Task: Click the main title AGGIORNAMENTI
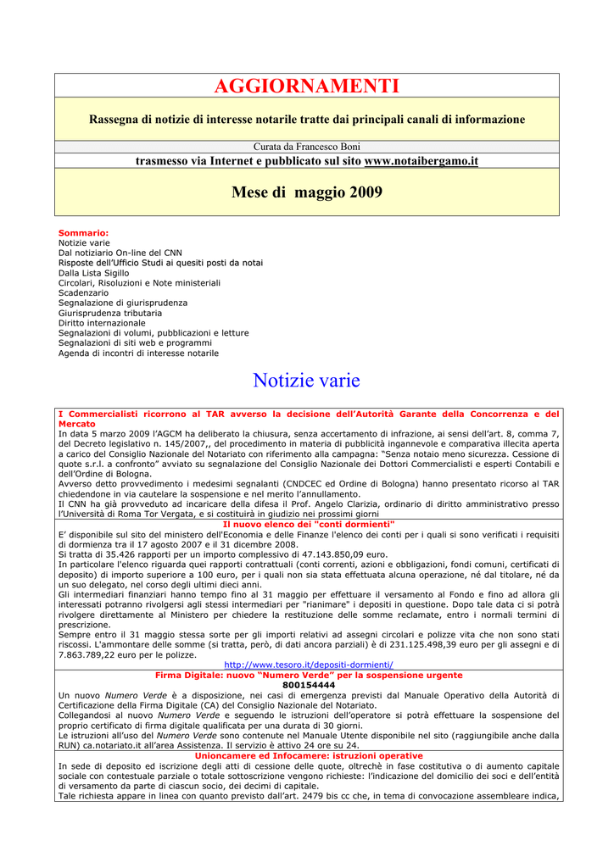[307, 86]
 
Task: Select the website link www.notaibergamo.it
[421, 160]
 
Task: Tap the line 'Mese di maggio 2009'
[307, 192]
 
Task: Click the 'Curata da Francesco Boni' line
[307, 147]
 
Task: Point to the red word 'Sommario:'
[83, 232]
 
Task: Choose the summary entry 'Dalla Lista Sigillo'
[93, 273]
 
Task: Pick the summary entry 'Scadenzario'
[83, 292]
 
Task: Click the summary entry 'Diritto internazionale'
[102, 323]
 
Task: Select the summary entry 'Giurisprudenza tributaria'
[109, 313]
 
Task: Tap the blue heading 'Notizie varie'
[307, 381]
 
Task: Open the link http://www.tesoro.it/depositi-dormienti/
[309, 665]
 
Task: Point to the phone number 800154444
[309, 685]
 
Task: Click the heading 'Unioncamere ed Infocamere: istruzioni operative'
[309, 755]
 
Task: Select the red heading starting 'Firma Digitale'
[309, 675]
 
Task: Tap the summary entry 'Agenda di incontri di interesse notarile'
[138, 353]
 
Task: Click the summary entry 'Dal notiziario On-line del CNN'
[120, 253]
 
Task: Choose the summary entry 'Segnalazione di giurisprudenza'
[123, 303]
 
